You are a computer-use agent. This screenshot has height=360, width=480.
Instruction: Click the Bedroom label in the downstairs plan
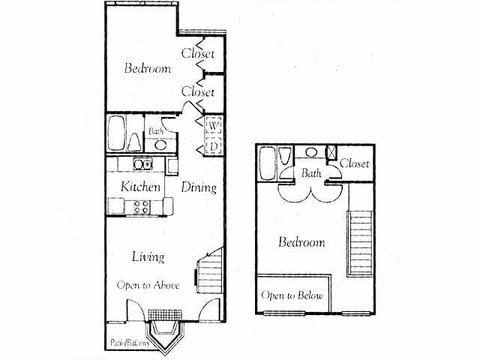coord(147,69)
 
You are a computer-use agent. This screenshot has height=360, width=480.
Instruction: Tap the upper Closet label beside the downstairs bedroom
coord(198,54)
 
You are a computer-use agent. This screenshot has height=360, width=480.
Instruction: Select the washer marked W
coord(212,125)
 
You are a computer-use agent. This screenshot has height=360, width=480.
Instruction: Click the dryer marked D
coord(212,146)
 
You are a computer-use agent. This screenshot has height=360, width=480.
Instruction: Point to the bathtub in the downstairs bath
coord(117,133)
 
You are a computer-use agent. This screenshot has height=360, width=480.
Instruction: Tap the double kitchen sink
coord(141,164)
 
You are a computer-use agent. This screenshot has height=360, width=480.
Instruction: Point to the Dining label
coord(199,187)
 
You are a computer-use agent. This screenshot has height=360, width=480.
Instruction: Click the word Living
coord(148,256)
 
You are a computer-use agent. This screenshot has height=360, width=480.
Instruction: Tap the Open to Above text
coord(148,285)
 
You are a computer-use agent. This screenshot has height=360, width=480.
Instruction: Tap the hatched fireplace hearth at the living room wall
coord(162,314)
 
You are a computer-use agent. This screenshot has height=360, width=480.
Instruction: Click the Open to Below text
coord(292,295)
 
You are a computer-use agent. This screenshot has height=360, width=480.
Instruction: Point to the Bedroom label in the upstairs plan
coord(301,242)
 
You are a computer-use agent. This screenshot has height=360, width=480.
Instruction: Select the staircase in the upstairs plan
coord(360,244)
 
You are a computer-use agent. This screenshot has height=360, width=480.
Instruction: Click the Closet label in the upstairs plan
coord(354,163)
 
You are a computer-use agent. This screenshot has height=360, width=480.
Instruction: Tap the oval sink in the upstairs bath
coord(310,153)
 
